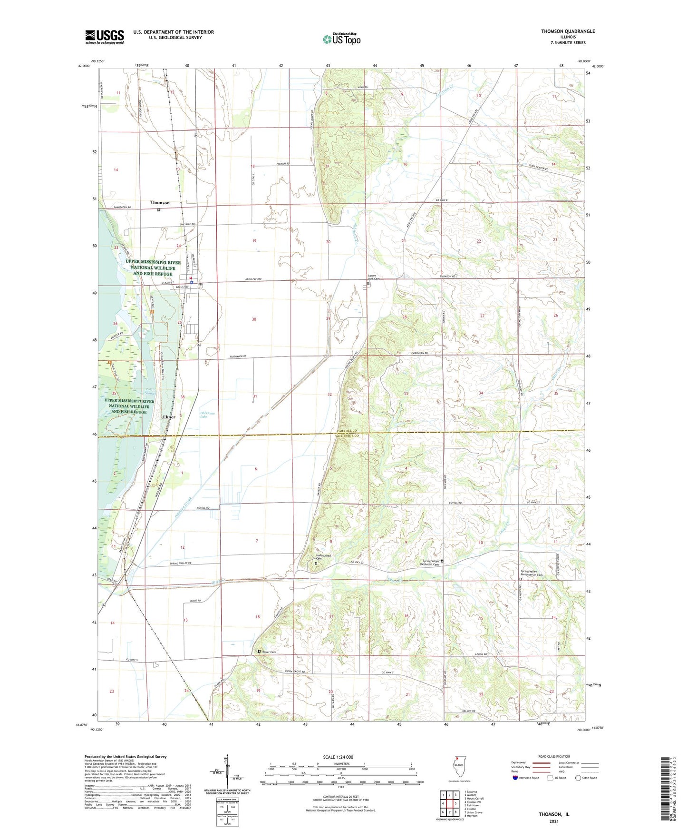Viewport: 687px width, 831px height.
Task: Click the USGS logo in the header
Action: point(104,36)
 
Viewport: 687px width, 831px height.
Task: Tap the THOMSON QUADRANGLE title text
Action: point(568,31)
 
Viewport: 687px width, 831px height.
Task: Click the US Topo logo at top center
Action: point(341,39)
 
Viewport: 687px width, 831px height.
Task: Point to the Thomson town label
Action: point(160,203)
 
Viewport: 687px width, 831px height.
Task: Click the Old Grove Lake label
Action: point(207,415)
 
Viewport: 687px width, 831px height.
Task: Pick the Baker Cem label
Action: point(270,652)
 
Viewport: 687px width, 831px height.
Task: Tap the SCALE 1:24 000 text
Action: point(338,757)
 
